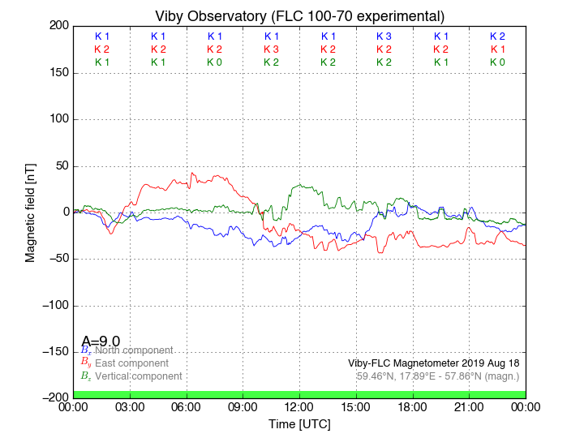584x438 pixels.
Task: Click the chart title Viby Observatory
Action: pos(299,16)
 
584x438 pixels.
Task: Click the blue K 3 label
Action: pos(384,36)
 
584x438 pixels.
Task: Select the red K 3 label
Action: pos(271,49)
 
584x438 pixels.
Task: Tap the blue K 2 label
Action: pos(497,36)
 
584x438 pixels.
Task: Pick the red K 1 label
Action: pos(497,49)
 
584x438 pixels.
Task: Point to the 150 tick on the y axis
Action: pos(57,73)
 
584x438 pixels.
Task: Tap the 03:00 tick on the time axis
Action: pos(130,406)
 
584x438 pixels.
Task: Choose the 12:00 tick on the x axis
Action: pos(299,406)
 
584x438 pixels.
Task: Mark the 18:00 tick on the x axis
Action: pos(413,406)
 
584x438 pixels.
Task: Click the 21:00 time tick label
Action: pos(469,406)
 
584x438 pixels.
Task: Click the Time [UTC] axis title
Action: pos(299,424)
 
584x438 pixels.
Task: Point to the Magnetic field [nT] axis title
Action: pos(30,212)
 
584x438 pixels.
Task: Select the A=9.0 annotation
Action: pos(101,341)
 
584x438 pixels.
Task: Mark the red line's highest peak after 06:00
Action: pos(191,173)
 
